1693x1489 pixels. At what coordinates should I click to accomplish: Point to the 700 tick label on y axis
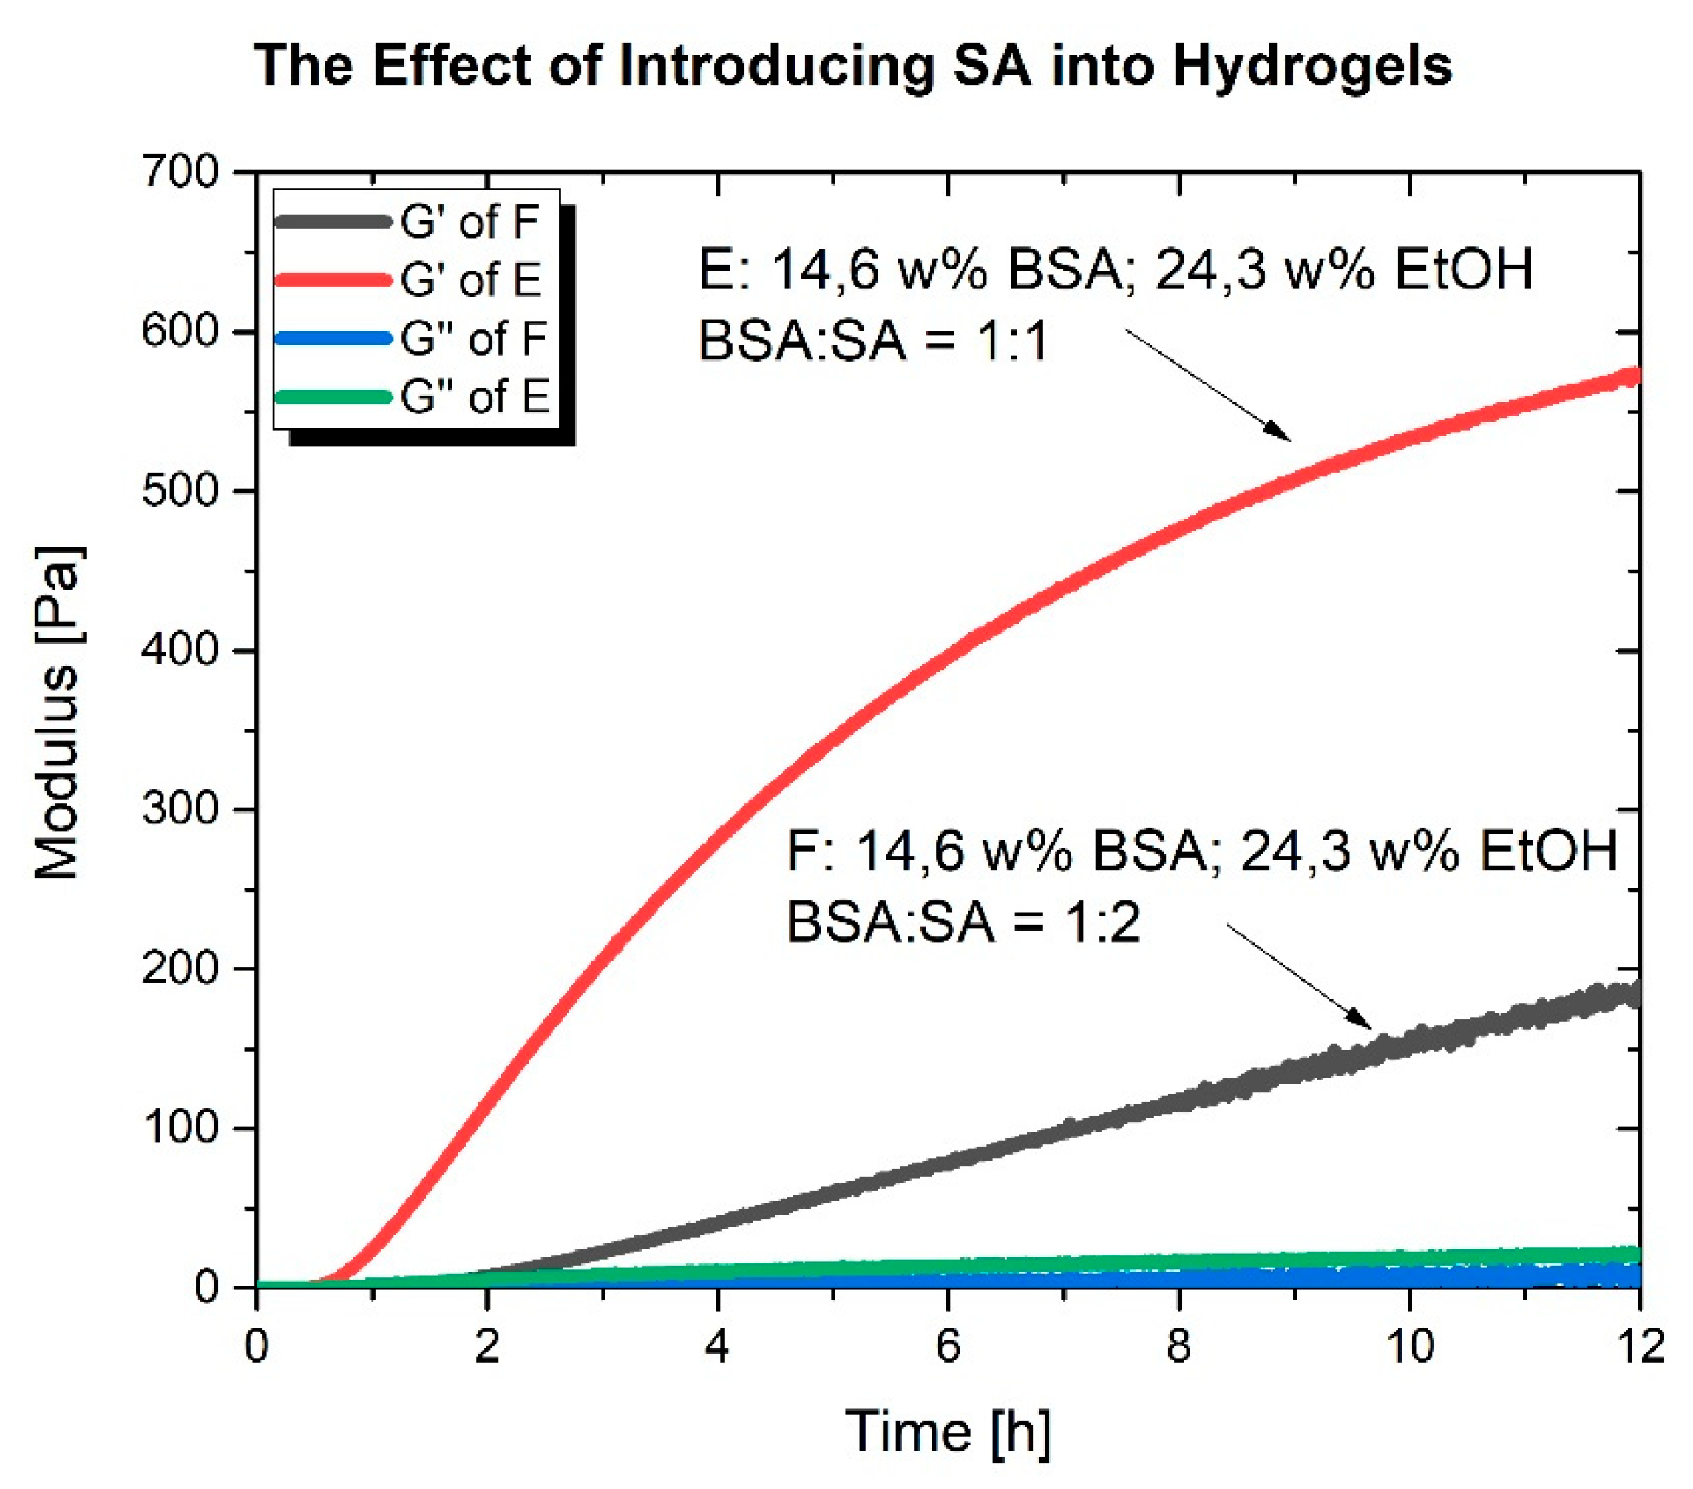(180, 172)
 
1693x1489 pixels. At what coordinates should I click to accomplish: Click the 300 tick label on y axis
(180, 809)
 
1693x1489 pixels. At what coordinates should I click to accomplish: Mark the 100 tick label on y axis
(180, 1128)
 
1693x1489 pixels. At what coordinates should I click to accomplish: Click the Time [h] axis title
(948, 1433)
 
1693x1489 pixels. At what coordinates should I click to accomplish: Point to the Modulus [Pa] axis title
(58, 712)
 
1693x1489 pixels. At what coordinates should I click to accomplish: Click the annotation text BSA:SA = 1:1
(874, 342)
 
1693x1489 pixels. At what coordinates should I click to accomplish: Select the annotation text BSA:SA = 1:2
(963, 922)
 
